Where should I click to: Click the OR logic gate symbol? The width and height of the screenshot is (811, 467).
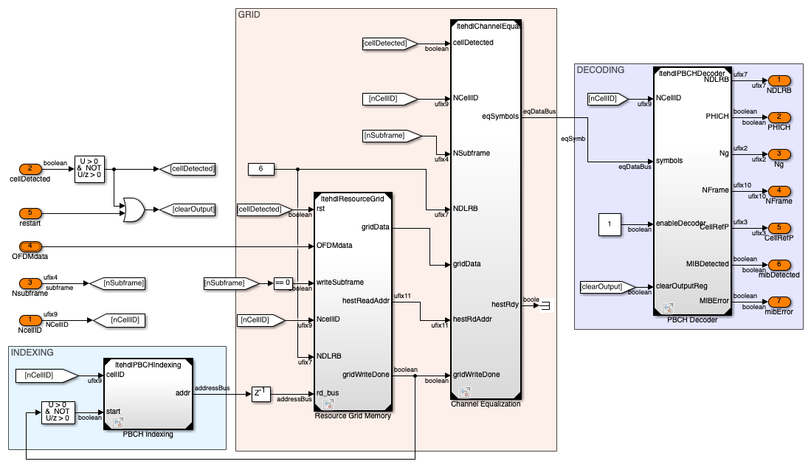tap(134, 209)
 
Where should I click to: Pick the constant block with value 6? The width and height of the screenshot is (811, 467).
tap(261, 170)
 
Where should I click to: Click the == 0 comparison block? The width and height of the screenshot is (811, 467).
tap(283, 282)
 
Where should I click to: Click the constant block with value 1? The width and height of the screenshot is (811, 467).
tap(610, 223)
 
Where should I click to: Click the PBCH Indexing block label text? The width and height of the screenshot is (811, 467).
tap(148, 434)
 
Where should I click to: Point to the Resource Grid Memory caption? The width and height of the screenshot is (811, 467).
tap(353, 416)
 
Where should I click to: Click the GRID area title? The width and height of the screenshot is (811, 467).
tap(249, 15)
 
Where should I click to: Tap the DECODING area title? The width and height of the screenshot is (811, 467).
tap(601, 70)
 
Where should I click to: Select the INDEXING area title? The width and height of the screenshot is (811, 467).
tap(32, 353)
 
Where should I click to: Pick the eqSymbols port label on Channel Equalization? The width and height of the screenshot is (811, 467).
tap(501, 116)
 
